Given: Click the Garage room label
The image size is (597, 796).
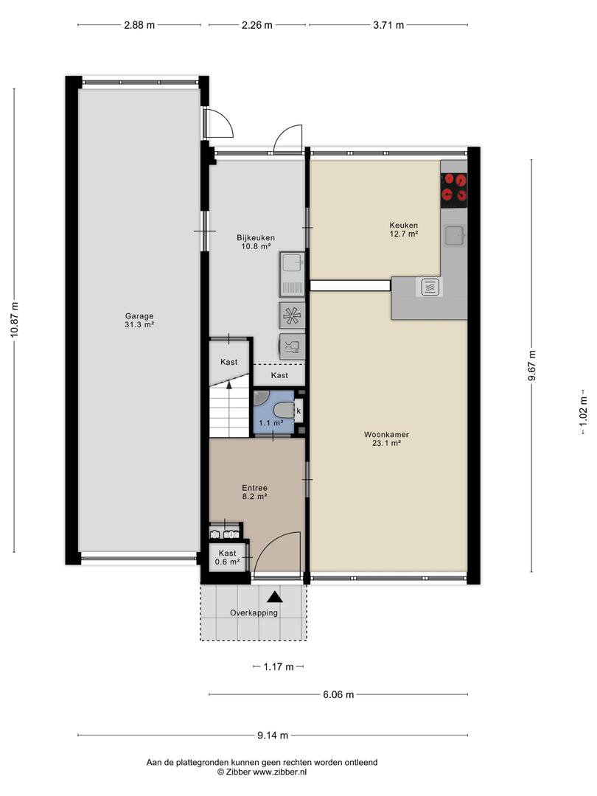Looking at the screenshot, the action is pyautogui.click(x=139, y=316).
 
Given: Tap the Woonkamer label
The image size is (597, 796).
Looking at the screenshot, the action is pyautogui.click(x=386, y=435).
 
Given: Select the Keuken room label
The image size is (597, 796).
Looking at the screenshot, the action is pyautogui.click(x=404, y=225).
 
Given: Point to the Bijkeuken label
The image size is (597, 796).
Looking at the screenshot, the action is pyautogui.click(x=256, y=237).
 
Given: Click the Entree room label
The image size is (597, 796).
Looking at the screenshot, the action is pyautogui.click(x=254, y=488).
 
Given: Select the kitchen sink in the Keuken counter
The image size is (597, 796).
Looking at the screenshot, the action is pyautogui.click(x=454, y=236).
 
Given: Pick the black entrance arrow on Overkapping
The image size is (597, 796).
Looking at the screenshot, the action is pyautogui.click(x=275, y=597).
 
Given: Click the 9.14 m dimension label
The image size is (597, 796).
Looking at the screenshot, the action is pyautogui.click(x=273, y=735).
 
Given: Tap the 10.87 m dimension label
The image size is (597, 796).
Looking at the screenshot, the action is pyautogui.click(x=14, y=319).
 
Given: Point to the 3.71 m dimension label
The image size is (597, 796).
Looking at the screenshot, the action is pyautogui.click(x=388, y=25).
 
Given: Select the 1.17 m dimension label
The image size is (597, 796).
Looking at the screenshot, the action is pyautogui.click(x=278, y=667).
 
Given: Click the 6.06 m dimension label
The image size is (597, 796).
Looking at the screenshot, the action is pyautogui.click(x=338, y=694).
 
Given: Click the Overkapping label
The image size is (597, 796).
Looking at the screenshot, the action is pyautogui.click(x=254, y=612).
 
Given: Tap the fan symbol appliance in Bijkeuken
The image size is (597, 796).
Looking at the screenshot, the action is pyautogui.click(x=292, y=315).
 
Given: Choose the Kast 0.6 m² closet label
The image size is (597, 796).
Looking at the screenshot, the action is pyautogui.click(x=228, y=557).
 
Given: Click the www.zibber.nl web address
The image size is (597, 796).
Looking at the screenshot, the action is pyautogui.click(x=280, y=772).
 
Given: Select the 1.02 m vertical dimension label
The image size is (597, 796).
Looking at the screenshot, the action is pyautogui.click(x=583, y=411).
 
